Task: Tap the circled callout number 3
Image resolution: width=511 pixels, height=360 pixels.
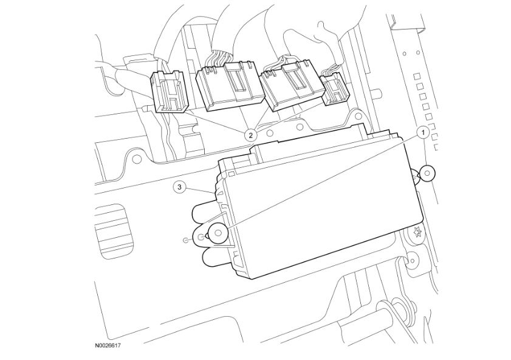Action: pos(179,187)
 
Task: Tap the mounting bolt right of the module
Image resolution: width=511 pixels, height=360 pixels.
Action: pos(428,174)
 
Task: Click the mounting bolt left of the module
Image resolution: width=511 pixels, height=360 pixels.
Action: pos(217,232)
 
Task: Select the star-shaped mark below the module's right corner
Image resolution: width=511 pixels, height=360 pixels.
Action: pos(417,231)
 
